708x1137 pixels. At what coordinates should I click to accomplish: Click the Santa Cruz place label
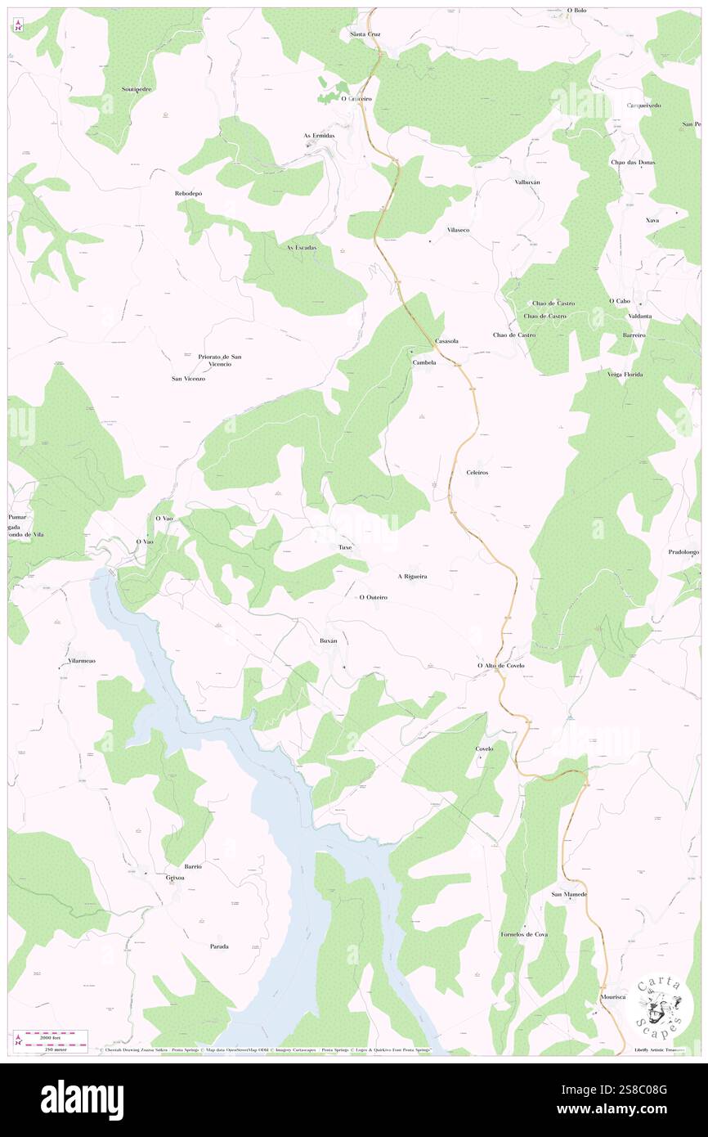[365, 34]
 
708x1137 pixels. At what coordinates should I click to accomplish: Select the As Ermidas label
[319, 136]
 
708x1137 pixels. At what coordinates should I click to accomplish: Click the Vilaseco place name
[458, 231]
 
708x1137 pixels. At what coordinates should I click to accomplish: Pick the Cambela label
[424, 362]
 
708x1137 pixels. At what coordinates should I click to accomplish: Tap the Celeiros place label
[477, 473]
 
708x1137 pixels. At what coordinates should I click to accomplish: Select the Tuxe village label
[346, 546]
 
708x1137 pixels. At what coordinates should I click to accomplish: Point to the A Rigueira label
[413, 577]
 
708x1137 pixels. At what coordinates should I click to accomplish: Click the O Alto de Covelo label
[500, 666]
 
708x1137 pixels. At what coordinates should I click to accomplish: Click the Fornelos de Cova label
[523, 934]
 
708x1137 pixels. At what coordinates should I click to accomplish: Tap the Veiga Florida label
[625, 375]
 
